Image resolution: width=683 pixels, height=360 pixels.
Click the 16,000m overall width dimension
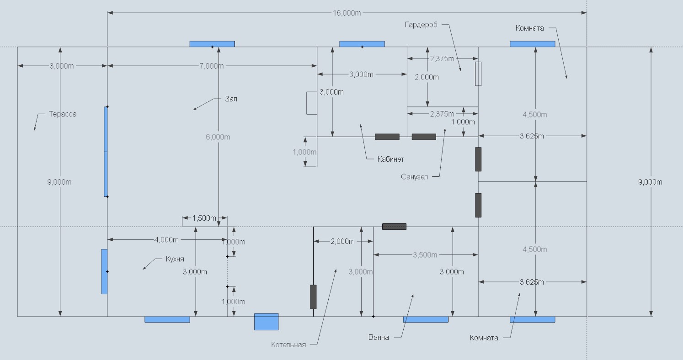tap(347, 13)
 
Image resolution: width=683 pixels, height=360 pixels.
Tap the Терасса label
tap(63, 114)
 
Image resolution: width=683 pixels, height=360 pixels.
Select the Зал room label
tap(231, 99)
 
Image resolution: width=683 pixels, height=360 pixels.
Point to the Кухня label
tap(175, 259)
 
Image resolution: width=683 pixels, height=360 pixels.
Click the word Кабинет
tap(390, 159)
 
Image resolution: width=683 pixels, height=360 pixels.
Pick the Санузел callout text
tap(414, 177)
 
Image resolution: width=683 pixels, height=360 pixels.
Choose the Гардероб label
tap(421, 25)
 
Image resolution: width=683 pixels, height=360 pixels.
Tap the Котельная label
tap(288, 345)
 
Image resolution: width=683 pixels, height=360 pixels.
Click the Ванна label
tap(379, 338)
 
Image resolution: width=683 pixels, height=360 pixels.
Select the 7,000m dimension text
tap(212, 66)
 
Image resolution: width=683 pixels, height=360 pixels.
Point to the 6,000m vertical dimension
tap(218, 137)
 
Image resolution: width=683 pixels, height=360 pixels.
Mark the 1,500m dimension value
tap(204, 218)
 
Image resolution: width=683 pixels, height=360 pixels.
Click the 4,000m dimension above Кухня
tap(166, 239)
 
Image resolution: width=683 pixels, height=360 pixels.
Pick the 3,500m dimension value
tap(425, 254)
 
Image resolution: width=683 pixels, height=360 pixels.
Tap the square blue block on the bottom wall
tap(266, 322)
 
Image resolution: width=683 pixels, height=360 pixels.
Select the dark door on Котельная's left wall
tap(313, 297)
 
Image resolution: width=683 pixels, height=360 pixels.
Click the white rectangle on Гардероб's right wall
tap(478, 74)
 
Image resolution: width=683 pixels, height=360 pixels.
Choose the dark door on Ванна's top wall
tap(394, 227)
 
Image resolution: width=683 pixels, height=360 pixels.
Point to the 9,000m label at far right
tap(650, 182)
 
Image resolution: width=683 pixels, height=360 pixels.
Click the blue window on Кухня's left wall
tap(104, 271)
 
